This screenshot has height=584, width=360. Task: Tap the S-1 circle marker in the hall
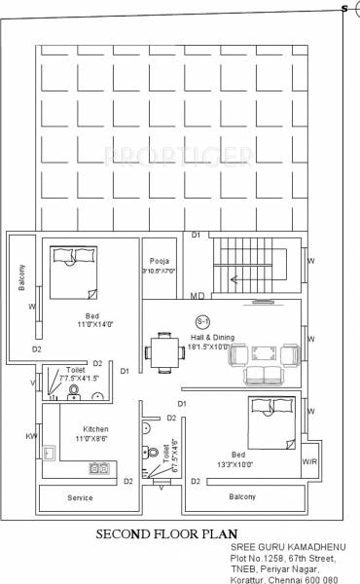[202, 320]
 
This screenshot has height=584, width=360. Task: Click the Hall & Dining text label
[205, 335]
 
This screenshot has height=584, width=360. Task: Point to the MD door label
[196, 295]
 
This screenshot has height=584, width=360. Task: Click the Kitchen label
[95, 429]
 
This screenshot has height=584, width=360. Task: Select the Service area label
[80, 497]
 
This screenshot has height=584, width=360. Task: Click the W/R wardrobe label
[309, 461]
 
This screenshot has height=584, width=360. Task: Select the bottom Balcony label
[241, 497]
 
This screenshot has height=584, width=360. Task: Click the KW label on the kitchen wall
[32, 437]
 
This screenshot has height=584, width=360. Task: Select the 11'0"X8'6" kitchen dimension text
[95, 440]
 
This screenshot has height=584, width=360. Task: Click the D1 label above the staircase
[196, 235]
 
